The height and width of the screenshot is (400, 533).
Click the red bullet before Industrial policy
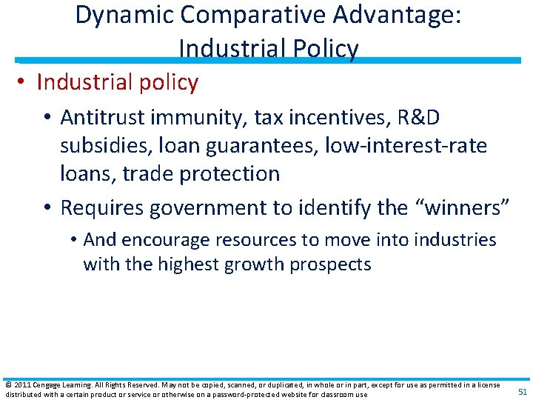click(23, 83)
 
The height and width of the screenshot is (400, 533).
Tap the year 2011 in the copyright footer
click(22, 385)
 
